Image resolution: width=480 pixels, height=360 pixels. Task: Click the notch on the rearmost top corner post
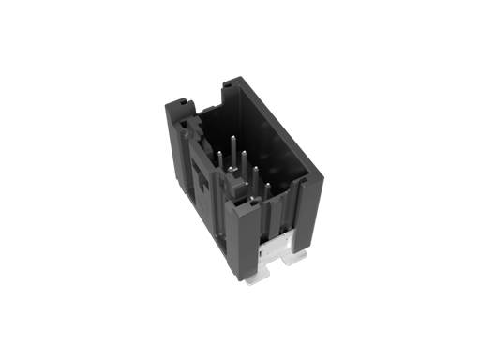227,86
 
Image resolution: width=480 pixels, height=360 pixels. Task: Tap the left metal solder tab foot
254,278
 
